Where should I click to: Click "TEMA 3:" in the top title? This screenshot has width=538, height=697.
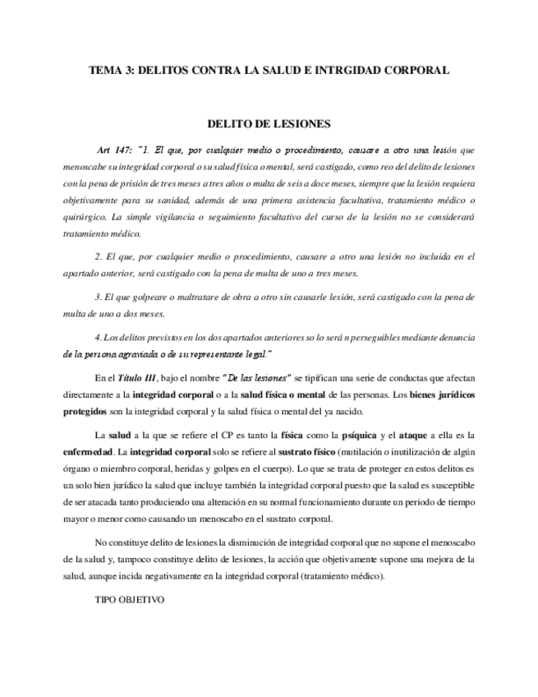tap(111, 71)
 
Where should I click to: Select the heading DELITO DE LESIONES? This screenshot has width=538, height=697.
tap(269, 125)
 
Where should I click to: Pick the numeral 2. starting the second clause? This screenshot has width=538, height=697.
tap(99, 256)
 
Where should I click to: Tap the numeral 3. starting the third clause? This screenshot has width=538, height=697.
tap(99, 297)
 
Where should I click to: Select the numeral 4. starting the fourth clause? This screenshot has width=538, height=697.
tap(99, 337)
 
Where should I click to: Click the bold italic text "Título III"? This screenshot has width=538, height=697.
tap(136, 377)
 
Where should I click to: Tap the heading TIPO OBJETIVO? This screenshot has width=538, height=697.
tap(130, 599)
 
